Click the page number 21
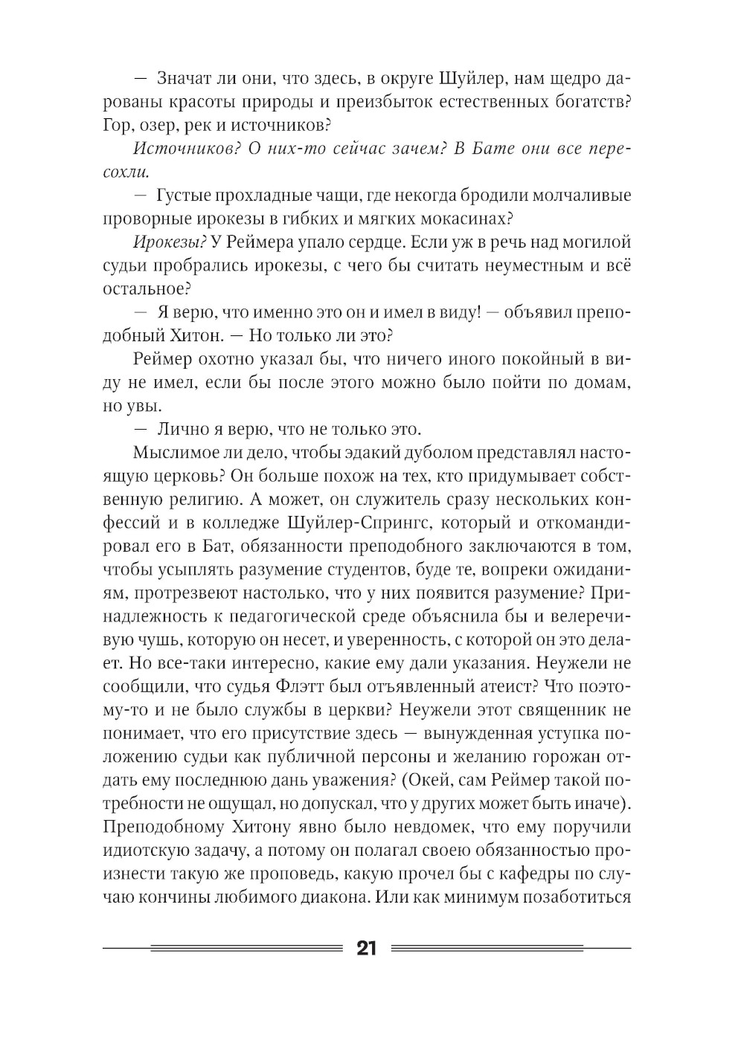[367, 949]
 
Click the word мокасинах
[458, 219]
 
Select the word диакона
[334, 896]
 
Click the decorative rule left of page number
[223, 949]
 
